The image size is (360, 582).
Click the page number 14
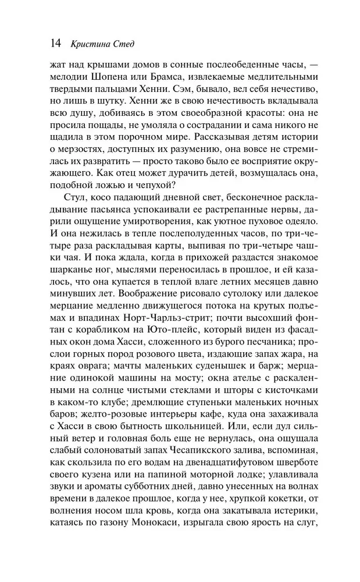click(56, 42)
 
